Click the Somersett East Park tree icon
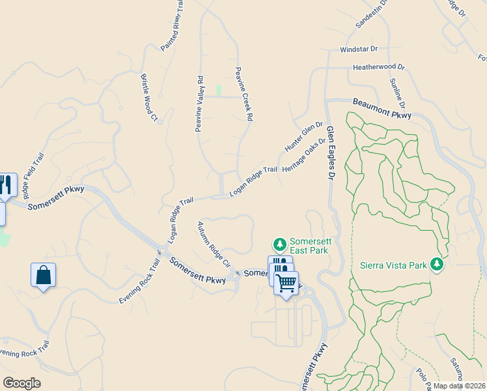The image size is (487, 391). point(280,244)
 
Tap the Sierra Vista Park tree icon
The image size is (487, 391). point(438,265)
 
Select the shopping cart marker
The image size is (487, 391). point(286,283)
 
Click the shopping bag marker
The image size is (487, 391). point(43,275)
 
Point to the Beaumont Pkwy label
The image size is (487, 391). point(382,108)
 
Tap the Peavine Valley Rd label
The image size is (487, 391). point(200,104)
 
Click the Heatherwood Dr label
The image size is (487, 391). point(379,67)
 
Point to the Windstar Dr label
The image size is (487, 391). point(359,50)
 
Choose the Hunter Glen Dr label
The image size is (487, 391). point(304,136)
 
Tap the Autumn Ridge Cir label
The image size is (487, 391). point(214,244)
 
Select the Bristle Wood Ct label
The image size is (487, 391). point(149,97)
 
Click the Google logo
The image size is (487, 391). point(21,383)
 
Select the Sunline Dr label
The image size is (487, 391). point(398,93)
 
